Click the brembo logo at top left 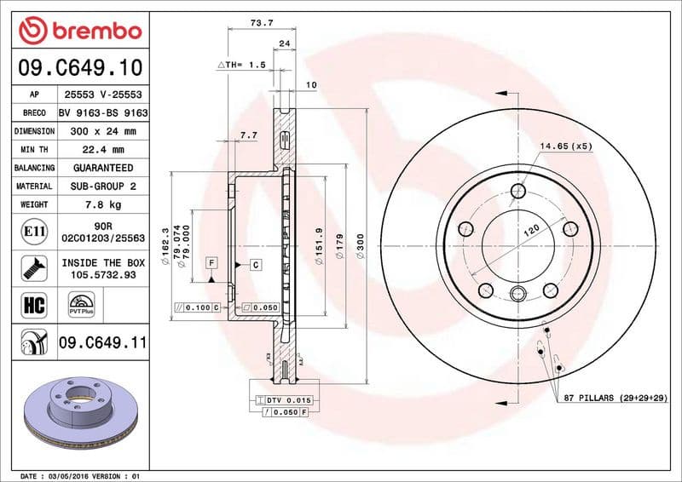(79, 31)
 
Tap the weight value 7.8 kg (103, 204)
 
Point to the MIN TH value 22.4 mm (103, 150)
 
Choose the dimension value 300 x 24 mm (103, 131)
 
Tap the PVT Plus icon (82, 305)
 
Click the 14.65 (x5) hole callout (564, 146)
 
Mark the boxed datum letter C (255, 265)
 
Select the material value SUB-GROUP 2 (103, 186)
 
